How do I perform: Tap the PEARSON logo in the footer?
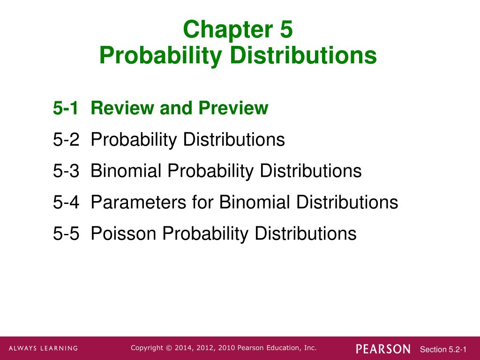point(383,349)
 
